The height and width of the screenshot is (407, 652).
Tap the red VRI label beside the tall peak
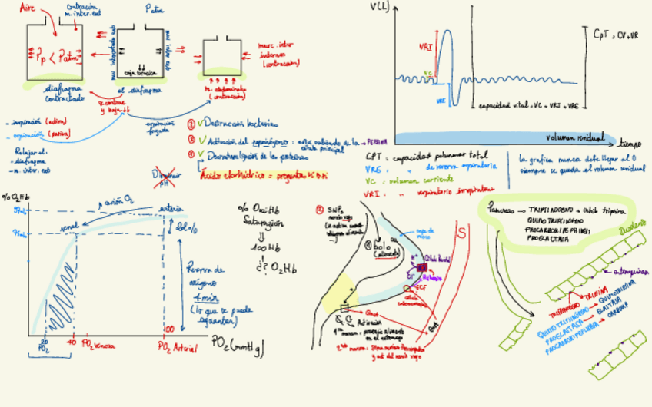click(x=425, y=48)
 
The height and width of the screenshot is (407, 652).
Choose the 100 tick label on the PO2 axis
click(x=168, y=329)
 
